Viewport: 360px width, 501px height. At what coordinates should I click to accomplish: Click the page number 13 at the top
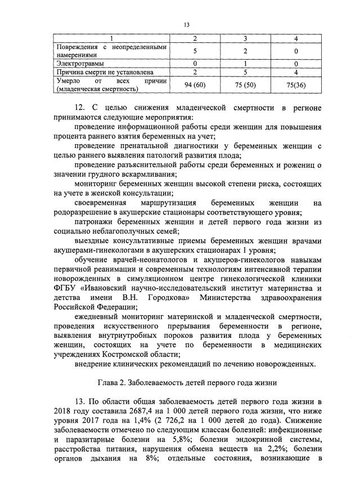(x=186, y=24)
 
